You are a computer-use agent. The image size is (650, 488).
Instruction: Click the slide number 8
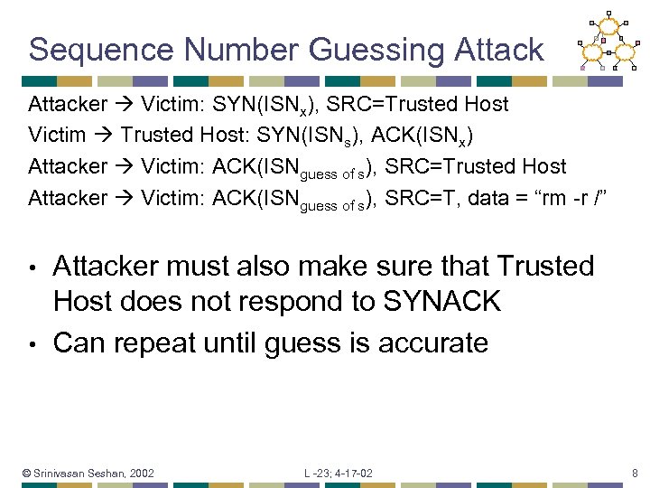click(636, 473)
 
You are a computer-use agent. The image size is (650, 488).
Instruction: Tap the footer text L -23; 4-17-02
click(339, 473)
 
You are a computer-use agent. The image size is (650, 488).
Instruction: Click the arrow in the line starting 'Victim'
click(103, 136)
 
